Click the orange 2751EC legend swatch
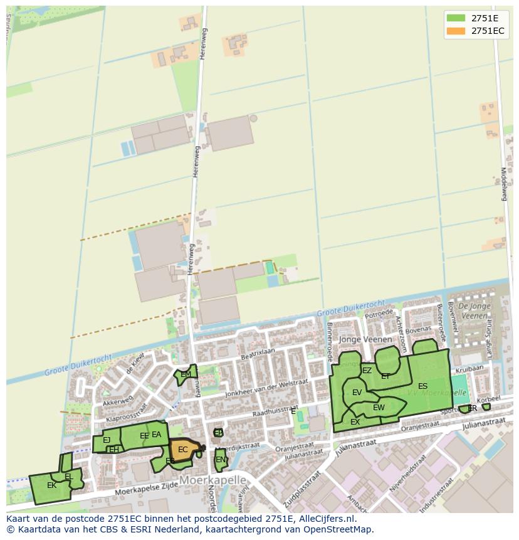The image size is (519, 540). (456, 31)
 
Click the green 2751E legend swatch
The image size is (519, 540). (456, 18)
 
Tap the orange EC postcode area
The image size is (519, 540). (182, 450)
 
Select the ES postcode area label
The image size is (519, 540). (423, 386)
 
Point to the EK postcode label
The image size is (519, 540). (51, 485)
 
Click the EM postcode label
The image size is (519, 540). (186, 374)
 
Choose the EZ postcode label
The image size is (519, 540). (367, 371)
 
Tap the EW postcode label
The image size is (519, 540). (379, 408)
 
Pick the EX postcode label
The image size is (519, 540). (355, 422)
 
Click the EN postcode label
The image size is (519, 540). (220, 460)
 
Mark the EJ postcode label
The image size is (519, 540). (107, 440)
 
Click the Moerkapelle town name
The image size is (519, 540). (212, 480)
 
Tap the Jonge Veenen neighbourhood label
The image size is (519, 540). (365, 339)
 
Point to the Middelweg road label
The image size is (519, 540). (503, 184)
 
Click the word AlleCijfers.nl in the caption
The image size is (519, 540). (327, 519)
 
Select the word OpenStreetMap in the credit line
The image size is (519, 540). (339, 529)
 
